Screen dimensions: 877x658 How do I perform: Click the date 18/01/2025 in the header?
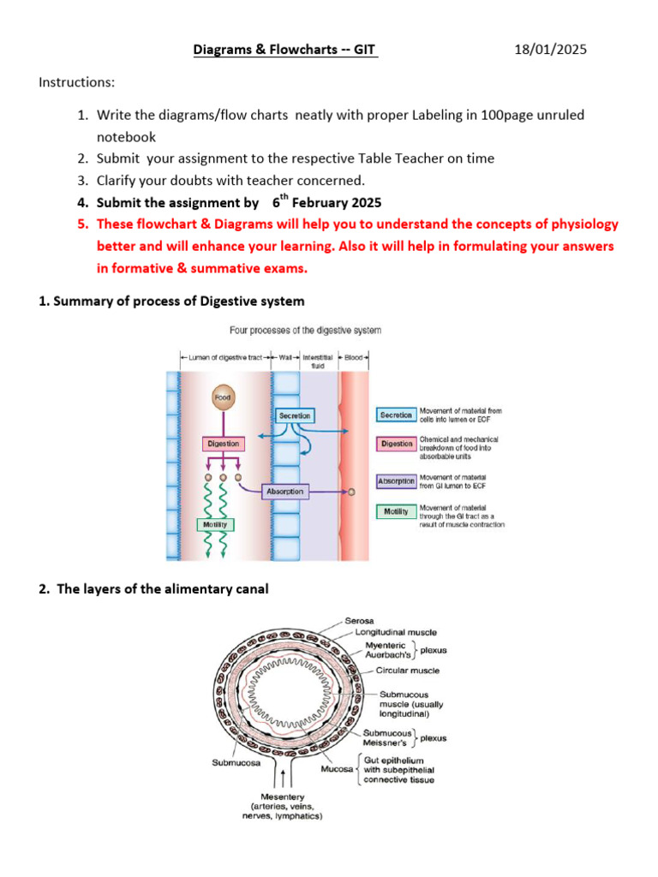(551, 51)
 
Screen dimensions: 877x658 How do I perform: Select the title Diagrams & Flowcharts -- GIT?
(284, 51)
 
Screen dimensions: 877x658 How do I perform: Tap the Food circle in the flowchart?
(224, 397)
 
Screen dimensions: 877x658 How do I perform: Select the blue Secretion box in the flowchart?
(295, 415)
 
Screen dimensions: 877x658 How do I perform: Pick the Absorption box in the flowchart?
(284, 492)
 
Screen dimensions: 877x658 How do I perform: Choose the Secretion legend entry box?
(396, 415)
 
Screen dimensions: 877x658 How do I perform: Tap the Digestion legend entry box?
(396, 444)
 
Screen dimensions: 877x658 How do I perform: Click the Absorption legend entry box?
(396, 481)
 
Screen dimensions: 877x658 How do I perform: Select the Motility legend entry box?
(396, 512)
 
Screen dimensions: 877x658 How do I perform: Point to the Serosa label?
(358, 620)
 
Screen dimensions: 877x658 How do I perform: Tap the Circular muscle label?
(407, 671)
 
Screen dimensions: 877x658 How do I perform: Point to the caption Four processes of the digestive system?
(305, 330)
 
